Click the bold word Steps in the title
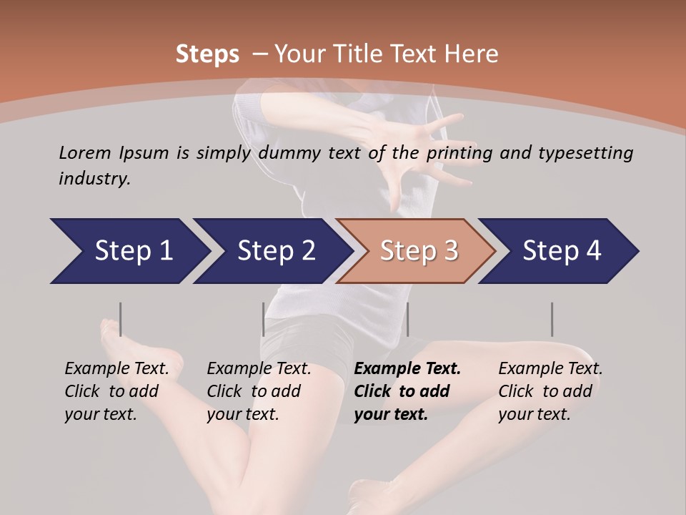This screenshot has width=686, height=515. (x=207, y=54)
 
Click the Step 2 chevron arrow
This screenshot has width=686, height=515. (x=272, y=251)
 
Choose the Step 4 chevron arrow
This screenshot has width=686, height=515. (x=560, y=251)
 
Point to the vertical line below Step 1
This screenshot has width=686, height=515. (x=121, y=319)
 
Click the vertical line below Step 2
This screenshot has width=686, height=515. (x=264, y=319)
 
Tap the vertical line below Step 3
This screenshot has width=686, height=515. (x=407, y=319)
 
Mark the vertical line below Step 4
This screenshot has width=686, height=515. (x=552, y=319)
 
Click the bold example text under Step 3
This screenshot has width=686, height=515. (x=407, y=391)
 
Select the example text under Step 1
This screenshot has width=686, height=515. (x=116, y=391)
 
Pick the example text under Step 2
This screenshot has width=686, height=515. (x=259, y=391)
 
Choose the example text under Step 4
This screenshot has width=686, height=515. (x=550, y=391)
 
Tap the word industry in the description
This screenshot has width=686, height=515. (x=94, y=179)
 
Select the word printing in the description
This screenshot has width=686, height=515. (x=460, y=153)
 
